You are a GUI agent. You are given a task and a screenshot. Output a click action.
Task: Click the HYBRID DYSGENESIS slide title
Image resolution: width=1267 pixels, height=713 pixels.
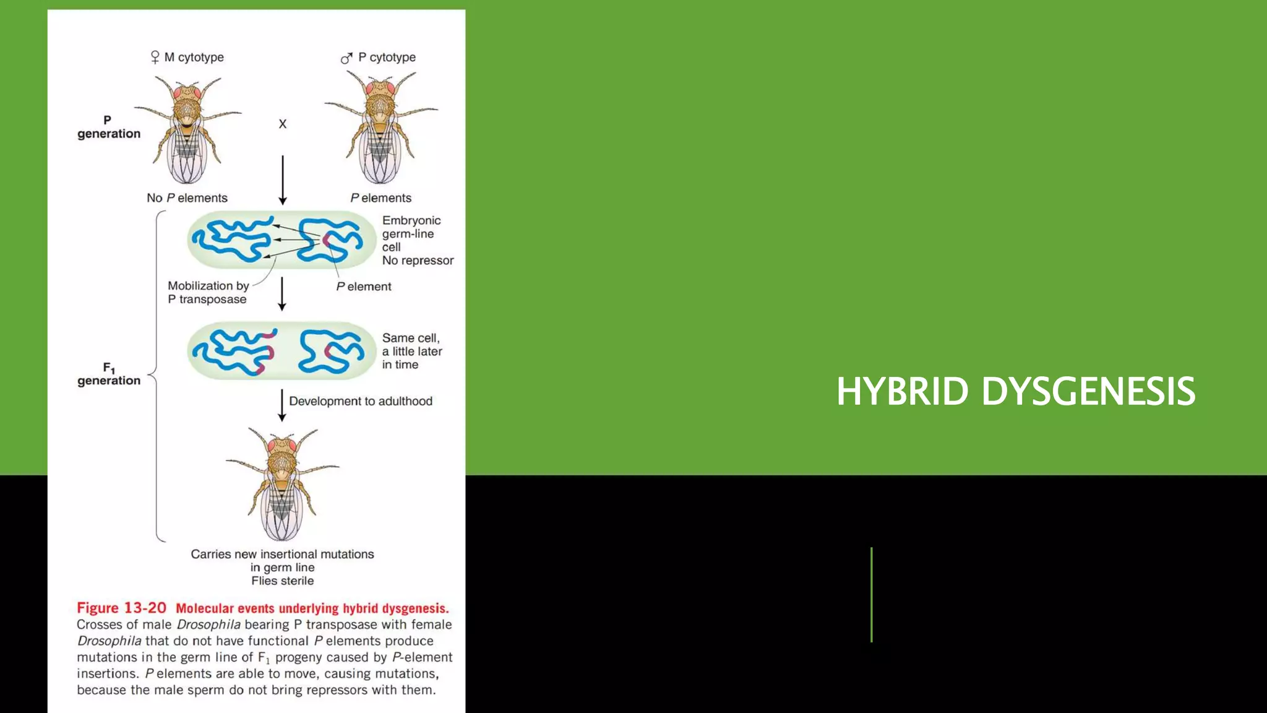point(1015,391)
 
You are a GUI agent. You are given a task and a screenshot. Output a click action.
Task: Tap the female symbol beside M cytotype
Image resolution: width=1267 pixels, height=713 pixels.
point(155,58)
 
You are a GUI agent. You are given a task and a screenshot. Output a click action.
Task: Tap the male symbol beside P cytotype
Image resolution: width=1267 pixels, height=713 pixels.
point(346,58)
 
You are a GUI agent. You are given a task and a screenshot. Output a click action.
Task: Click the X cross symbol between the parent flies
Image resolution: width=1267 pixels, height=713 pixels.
point(283,124)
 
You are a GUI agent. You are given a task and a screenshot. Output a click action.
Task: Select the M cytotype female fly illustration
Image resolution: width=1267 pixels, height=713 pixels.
point(187,130)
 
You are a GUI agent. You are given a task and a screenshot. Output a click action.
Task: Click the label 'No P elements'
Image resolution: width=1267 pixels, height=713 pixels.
point(187,198)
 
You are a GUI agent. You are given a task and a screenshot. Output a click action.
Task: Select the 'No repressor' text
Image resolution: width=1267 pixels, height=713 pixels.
point(418,261)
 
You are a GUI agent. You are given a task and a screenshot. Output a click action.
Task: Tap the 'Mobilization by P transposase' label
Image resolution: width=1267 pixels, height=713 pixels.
point(208,293)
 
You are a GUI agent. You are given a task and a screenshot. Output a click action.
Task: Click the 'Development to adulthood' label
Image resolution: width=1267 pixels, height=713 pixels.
point(361,401)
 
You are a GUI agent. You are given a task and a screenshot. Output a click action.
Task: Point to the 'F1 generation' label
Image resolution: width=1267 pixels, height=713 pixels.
point(109,375)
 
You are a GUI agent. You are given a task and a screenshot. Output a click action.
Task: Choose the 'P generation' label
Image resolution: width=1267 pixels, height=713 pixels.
point(109,127)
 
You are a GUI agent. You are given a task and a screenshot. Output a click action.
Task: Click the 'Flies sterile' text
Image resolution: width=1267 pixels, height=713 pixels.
point(282,581)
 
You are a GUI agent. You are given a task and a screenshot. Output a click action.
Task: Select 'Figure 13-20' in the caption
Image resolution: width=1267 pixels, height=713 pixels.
point(121,608)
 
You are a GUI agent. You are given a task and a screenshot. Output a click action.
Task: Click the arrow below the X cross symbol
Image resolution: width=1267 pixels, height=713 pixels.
point(283,179)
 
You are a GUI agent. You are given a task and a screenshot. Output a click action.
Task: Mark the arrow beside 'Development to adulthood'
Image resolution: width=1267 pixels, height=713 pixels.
point(282,405)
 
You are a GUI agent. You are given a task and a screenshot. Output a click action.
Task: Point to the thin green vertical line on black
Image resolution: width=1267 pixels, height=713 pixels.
point(871,594)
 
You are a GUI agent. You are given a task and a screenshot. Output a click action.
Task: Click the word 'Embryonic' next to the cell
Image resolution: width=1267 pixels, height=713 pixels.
point(411,220)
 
